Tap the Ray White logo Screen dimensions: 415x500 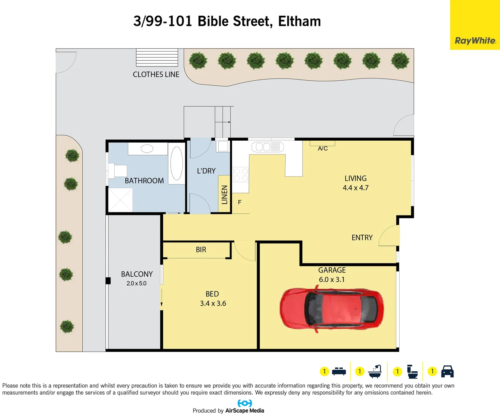[x=475, y=40]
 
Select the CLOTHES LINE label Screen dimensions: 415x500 [x=156, y=75]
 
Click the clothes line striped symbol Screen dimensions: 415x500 [x=157, y=58]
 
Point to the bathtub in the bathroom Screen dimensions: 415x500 [x=177, y=163]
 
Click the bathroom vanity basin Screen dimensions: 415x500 [x=147, y=148]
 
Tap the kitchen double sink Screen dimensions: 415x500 [x=267, y=147]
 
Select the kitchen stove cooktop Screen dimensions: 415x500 [x=240, y=174]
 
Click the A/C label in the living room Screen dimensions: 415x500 [x=323, y=148]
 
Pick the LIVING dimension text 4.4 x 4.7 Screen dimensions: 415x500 [x=355, y=188]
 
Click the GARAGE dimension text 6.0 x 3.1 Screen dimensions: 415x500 [x=332, y=280]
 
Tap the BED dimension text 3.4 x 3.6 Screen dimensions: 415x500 [x=213, y=304]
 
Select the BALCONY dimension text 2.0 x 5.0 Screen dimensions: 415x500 [x=137, y=284]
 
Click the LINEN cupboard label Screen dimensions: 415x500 [x=225, y=194]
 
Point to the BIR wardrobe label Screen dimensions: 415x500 [x=201, y=250]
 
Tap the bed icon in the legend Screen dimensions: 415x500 [x=339, y=372]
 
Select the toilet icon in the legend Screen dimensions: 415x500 [x=412, y=372]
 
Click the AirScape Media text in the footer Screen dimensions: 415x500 [x=245, y=410]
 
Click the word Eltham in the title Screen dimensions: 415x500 [x=299, y=21]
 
